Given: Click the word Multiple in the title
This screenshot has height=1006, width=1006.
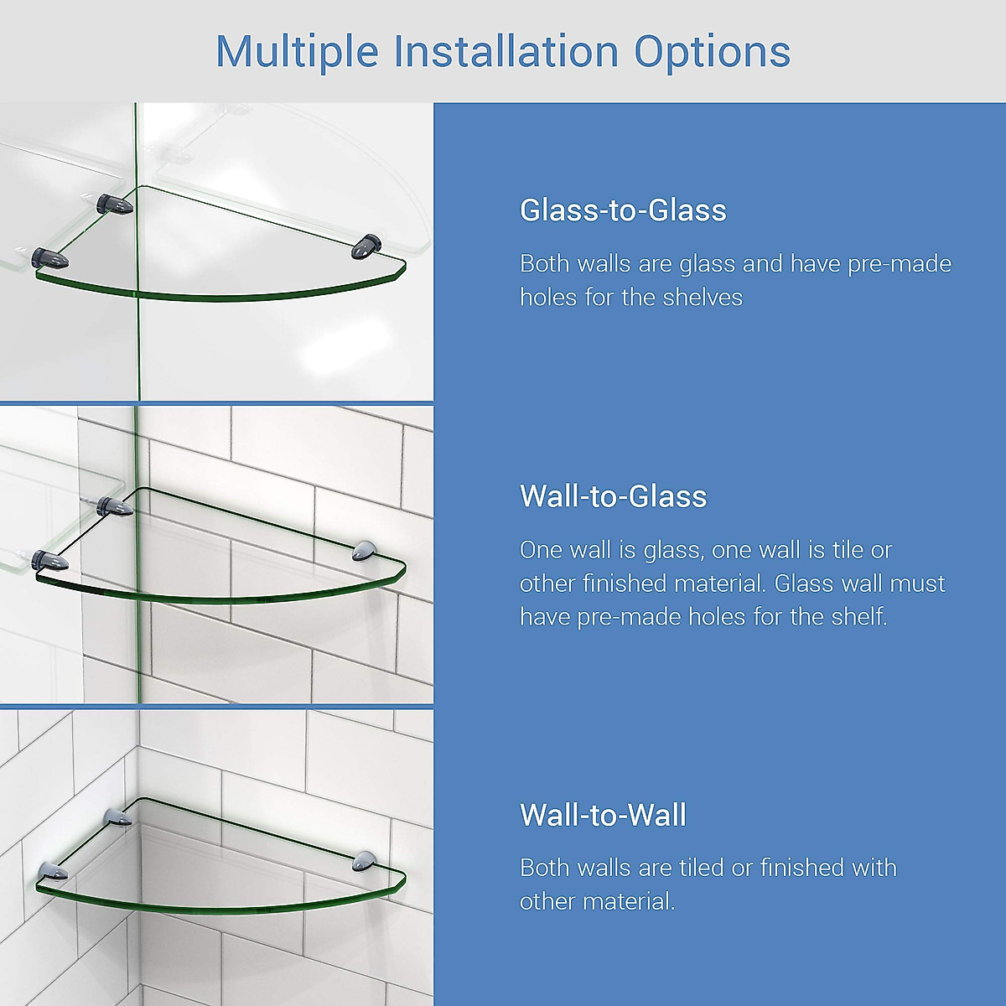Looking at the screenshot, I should (x=298, y=52).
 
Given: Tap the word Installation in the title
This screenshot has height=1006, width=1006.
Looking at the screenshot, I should (x=506, y=52).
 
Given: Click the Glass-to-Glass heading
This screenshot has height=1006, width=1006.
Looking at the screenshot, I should (x=623, y=210).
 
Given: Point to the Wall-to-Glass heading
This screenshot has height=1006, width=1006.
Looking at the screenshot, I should (x=613, y=496).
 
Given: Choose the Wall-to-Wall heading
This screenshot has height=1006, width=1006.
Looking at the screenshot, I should (x=603, y=815).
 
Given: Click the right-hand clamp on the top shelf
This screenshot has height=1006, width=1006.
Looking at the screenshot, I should (x=366, y=246).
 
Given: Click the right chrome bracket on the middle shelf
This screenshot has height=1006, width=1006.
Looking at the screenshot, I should (x=366, y=550).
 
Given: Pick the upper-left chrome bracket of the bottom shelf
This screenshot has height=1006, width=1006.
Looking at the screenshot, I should (x=117, y=817).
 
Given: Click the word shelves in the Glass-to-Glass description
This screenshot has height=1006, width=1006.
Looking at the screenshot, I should (x=703, y=298).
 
